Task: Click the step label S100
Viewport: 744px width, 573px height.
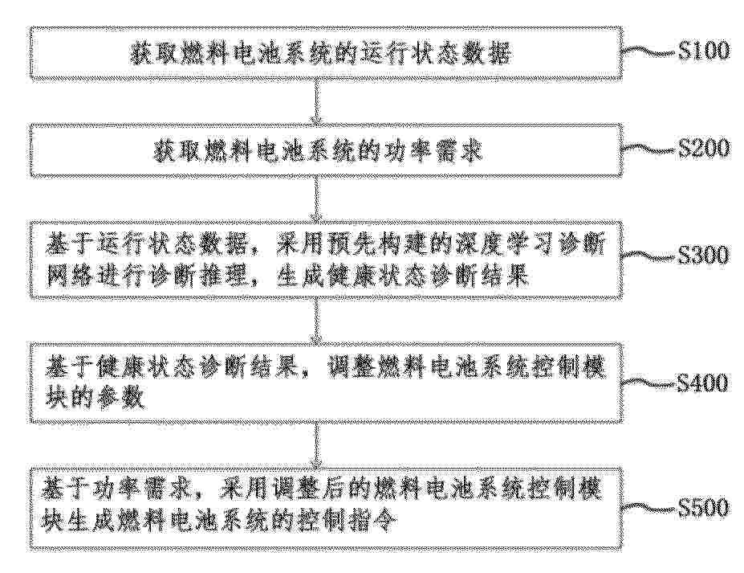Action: click(x=704, y=51)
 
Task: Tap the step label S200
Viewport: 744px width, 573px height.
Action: click(x=704, y=148)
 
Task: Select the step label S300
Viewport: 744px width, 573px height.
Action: click(x=704, y=256)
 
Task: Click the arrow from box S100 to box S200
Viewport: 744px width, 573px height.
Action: click(x=316, y=101)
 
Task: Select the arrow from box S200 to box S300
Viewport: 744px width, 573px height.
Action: click(x=316, y=199)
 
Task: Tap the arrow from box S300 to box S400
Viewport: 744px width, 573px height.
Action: click(x=316, y=321)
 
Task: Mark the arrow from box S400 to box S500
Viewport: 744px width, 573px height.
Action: click(x=316, y=445)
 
